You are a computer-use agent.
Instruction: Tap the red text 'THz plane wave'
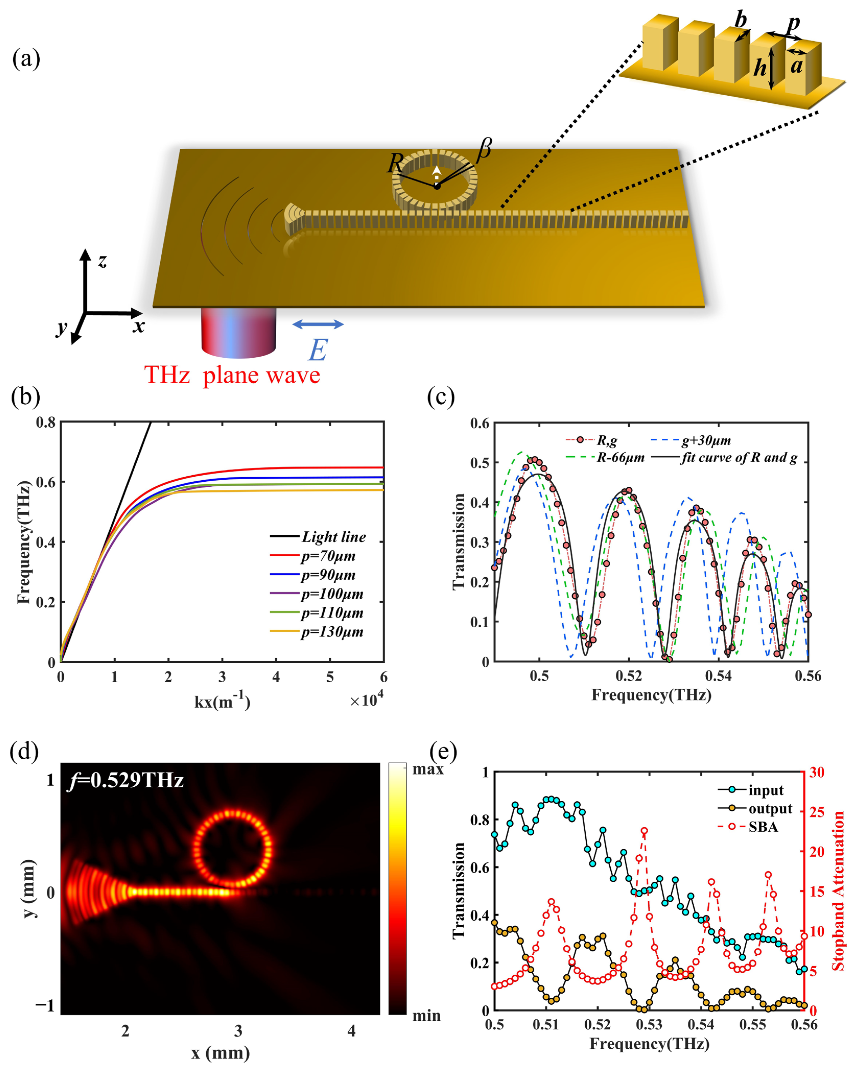(x=232, y=375)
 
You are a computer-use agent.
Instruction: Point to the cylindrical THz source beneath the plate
(x=239, y=332)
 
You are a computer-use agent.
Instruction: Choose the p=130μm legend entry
(x=331, y=632)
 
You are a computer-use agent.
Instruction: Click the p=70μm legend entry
(x=328, y=556)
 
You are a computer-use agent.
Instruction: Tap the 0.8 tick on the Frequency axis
(x=46, y=423)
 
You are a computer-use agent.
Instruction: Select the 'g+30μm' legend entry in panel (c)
(x=705, y=440)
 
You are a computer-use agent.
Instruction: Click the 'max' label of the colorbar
(x=428, y=769)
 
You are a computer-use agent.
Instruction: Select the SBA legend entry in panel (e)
(x=763, y=827)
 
